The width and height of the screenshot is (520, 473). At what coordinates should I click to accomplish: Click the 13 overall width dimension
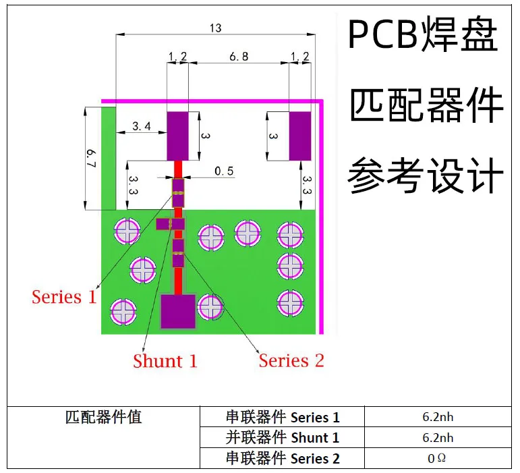[x=215, y=28]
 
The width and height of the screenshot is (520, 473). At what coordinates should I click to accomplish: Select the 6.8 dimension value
[x=239, y=57]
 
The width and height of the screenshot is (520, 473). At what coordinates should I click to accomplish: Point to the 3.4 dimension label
[x=142, y=126]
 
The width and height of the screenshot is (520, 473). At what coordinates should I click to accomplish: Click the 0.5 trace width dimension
[x=224, y=171]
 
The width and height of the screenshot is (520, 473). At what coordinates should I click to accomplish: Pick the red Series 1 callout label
[x=65, y=296]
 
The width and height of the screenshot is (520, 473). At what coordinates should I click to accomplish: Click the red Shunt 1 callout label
[x=165, y=361]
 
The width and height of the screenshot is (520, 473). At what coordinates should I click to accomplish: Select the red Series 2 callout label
[x=291, y=360]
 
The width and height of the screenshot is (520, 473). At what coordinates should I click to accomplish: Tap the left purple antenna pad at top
[x=178, y=136]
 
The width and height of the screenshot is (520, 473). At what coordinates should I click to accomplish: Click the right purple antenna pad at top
[x=299, y=136]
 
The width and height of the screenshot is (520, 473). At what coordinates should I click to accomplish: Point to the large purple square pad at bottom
[x=178, y=311]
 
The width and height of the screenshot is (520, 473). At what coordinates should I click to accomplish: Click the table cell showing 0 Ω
[x=437, y=459]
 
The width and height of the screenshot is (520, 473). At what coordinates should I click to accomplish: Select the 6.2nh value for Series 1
[x=438, y=417]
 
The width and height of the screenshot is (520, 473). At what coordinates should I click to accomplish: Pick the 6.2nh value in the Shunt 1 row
[x=438, y=438]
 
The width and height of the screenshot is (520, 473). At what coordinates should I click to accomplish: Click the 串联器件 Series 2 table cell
[x=282, y=459]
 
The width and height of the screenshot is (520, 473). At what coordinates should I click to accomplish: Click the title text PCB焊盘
[x=423, y=36]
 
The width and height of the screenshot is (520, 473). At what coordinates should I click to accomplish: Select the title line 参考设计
[x=426, y=176]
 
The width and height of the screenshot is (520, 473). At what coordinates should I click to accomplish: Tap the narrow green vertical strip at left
[x=108, y=159]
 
